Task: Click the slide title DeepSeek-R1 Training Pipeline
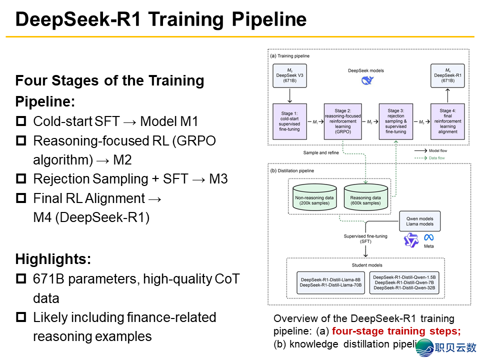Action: (x=160, y=19)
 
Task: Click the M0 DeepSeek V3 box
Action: (x=289, y=76)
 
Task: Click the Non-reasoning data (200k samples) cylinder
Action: (x=315, y=198)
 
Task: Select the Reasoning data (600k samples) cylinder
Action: (x=366, y=198)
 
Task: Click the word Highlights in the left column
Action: (x=53, y=259)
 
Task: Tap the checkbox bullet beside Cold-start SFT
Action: (x=21, y=121)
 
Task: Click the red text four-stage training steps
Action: (x=396, y=331)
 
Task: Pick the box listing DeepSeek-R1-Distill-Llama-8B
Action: (x=330, y=281)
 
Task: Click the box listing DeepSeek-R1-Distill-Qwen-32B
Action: (x=405, y=282)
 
